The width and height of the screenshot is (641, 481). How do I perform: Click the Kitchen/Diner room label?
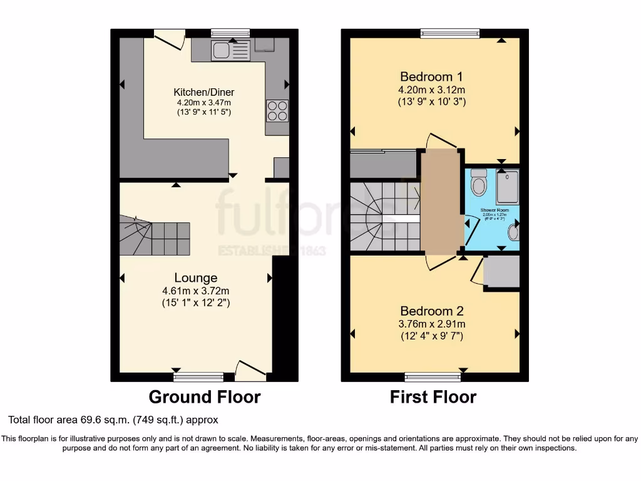coord(205,92)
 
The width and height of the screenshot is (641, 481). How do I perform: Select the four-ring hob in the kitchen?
coord(277,110)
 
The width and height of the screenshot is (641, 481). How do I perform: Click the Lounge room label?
coord(196,277)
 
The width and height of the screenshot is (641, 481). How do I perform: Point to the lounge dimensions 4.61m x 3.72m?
coord(196,291)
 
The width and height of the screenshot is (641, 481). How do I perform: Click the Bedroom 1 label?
coord(432,77)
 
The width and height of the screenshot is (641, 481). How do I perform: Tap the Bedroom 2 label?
coord(432,311)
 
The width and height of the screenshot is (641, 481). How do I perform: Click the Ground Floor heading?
coord(204,396)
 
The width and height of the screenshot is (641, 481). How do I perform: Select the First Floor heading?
coord(433,396)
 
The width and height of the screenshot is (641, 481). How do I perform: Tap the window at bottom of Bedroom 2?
coord(433,376)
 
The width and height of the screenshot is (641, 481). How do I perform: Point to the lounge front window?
coord(198,376)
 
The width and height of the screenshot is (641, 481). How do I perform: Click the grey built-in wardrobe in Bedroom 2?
coord(502,272)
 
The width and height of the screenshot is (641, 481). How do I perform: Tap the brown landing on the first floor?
coord(441,200)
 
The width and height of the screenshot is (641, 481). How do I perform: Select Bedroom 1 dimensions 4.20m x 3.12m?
coord(432,90)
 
